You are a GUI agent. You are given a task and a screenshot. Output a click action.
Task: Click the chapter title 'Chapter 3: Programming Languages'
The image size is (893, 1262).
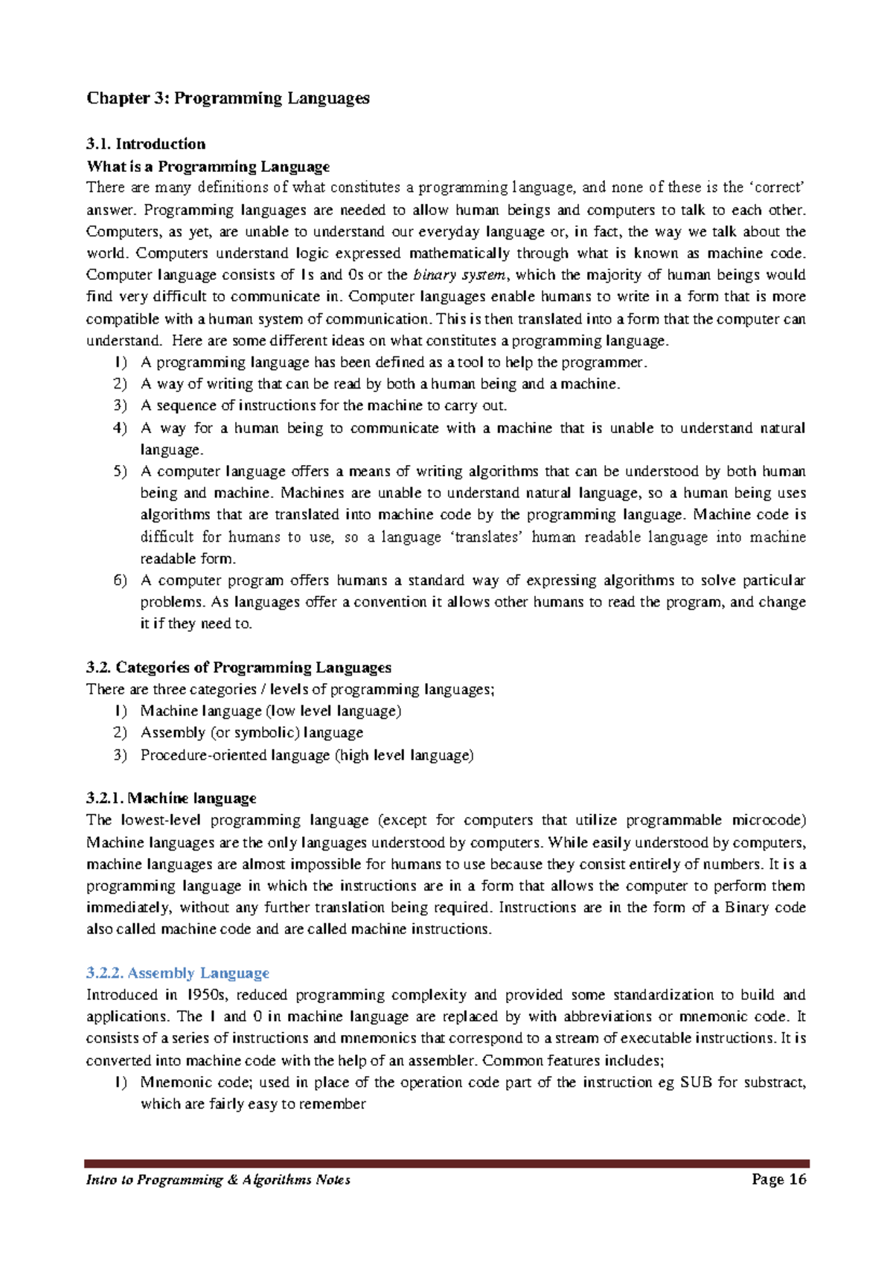pyautogui.click(x=228, y=98)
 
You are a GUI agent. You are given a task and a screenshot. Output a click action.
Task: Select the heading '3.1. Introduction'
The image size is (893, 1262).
pyautogui.click(x=146, y=144)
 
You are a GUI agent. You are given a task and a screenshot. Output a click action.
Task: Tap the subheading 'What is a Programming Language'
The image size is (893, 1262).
pyautogui.click(x=208, y=166)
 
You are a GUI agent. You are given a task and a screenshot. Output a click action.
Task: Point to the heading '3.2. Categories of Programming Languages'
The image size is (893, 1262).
pyautogui.click(x=239, y=667)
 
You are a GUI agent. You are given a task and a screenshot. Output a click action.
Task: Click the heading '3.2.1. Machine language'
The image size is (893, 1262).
pyautogui.click(x=171, y=798)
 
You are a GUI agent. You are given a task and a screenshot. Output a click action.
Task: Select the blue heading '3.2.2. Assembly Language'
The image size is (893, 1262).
pyautogui.click(x=178, y=973)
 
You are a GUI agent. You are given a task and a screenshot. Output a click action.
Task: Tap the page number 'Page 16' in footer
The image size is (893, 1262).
pyautogui.click(x=778, y=1179)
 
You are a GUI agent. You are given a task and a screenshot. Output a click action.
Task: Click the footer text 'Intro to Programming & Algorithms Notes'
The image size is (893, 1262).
pyautogui.click(x=218, y=1180)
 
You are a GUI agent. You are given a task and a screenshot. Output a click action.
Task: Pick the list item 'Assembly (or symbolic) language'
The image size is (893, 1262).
pyautogui.click(x=252, y=733)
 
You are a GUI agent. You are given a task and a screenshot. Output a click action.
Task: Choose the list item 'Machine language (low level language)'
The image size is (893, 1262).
pyautogui.click(x=270, y=711)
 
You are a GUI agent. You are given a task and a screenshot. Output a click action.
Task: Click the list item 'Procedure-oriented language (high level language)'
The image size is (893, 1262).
pyautogui.click(x=307, y=755)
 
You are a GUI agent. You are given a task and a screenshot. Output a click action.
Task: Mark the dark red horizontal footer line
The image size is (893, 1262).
pyautogui.click(x=446, y=1163)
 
